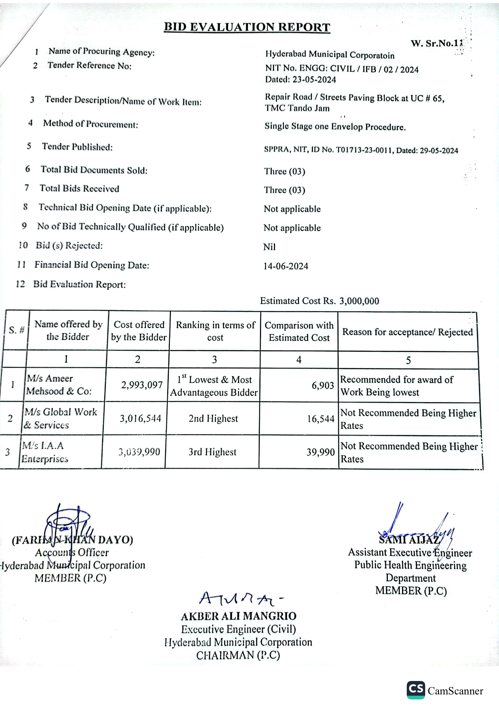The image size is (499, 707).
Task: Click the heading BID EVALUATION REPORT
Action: point(247,27)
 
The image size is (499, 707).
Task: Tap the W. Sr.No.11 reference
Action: point(437,43)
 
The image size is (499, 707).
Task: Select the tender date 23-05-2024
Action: point(314,80)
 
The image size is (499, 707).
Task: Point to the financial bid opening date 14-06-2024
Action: point(286,266)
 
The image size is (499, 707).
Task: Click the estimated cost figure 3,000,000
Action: point(359,301)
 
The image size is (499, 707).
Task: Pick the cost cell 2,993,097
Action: point(142,385)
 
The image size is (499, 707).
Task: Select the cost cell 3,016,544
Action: point(141,418)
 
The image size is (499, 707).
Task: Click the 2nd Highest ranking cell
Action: point(213,418)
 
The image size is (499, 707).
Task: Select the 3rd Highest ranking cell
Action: point(212,452)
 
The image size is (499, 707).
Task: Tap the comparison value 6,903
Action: point(323,385)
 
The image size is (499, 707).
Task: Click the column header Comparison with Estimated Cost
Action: point(299,331)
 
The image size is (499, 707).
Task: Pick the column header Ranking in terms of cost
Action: point(215,331)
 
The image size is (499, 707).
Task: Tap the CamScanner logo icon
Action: point(416,690)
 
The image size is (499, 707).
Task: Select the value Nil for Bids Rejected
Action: point(269,247)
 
